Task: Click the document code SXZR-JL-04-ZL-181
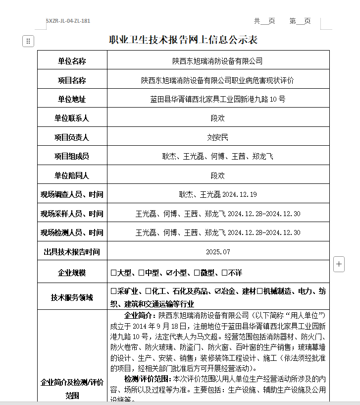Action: tap(68, 21)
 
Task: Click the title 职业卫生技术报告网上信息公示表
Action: tap(183, 40)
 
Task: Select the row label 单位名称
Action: tap(72, 61)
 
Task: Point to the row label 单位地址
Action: tap(72, 99)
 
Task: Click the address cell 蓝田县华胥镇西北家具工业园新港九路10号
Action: tap(217, 99)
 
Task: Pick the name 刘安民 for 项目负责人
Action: tap(217, 137)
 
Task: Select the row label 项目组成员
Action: tap(72, 156)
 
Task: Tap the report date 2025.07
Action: tap(218, 252)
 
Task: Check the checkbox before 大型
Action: tap(114, 273)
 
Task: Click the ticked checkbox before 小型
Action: tap(169, 273)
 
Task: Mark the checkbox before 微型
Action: tap(197, 273)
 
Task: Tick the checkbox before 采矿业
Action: tap(114, 291)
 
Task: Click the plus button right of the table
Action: tap(339, 264)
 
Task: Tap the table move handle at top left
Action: tap(28, 41)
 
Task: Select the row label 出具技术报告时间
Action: tap(72, 252)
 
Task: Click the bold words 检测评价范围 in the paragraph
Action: tap(147, 379)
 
